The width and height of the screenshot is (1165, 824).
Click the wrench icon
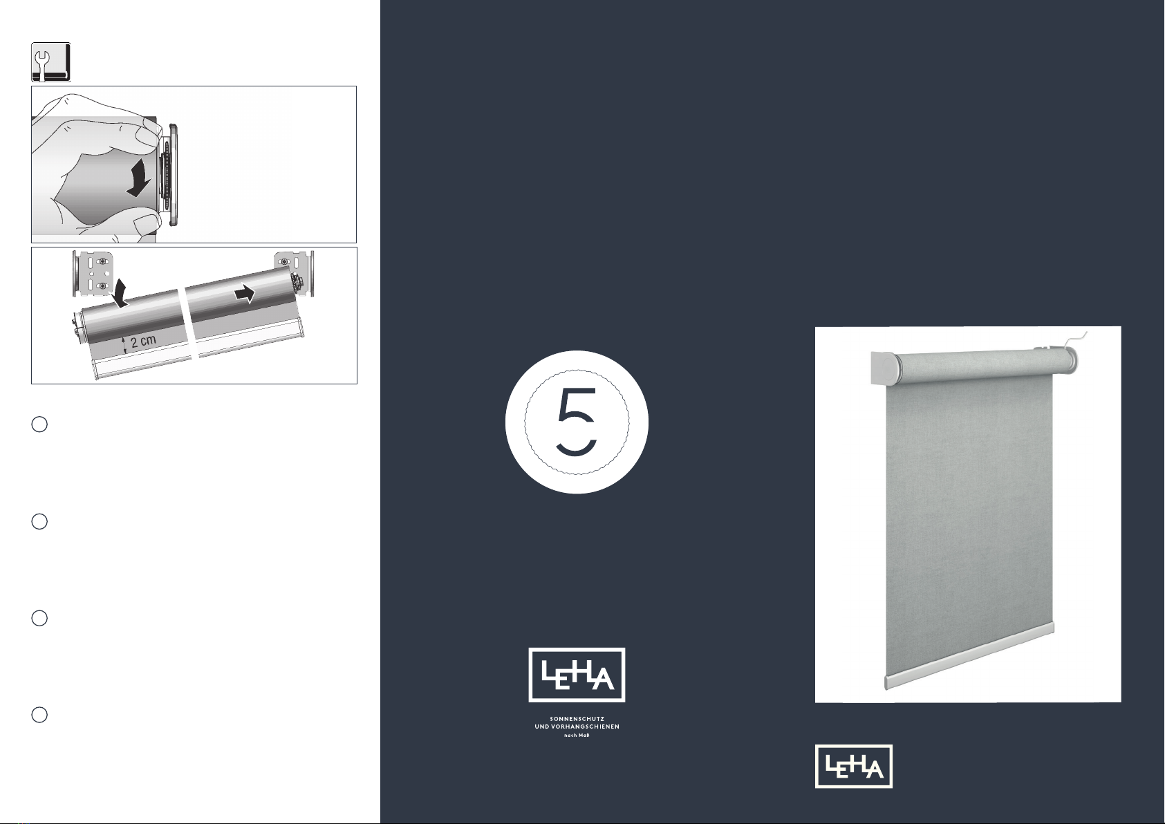(x=50, y=62)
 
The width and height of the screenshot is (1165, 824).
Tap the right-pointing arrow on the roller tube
(x=245, y=293)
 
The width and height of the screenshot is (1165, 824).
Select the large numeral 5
(x=576, y=422)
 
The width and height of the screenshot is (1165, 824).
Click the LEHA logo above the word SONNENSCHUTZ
(x=577, y=675)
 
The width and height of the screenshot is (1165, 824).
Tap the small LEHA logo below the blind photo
(x=853, y=767)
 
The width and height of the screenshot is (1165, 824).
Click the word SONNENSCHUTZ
(x=577, y=719)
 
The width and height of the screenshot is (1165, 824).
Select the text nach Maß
(x=577, y=736)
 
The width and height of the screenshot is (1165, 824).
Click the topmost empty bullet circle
(x=39, y=424)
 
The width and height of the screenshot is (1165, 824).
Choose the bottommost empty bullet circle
(x=39, y=715)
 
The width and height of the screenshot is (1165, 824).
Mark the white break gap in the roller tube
(x=187, y=322)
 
